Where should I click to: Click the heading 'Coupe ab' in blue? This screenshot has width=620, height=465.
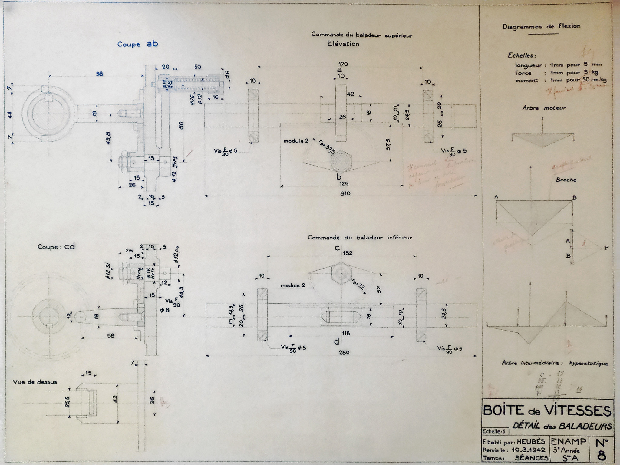click(x=138, y=44)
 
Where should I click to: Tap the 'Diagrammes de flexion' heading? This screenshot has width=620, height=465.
click(x=541, y=26)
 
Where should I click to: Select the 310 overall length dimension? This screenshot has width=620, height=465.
click(x=345, y=193)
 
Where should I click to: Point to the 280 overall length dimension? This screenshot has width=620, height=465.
click(x=344, y=352)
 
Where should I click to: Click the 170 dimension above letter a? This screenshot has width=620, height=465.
click(x=343, y=64)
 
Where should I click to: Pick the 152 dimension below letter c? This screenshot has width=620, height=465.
click(x=348, y=253)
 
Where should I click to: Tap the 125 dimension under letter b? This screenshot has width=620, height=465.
click(x=344, y=183)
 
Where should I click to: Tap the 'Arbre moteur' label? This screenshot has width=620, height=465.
click(x=544, y=108)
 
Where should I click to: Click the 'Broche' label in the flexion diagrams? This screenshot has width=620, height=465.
click(x=566, y=180)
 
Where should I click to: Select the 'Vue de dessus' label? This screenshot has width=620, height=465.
click(x=35, y=382)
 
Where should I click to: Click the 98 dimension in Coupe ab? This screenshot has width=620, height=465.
click(x=99, y=74)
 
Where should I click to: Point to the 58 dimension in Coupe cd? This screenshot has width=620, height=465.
click(x=111, y=335)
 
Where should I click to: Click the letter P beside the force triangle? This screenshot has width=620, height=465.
click(x=606, y=248)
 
